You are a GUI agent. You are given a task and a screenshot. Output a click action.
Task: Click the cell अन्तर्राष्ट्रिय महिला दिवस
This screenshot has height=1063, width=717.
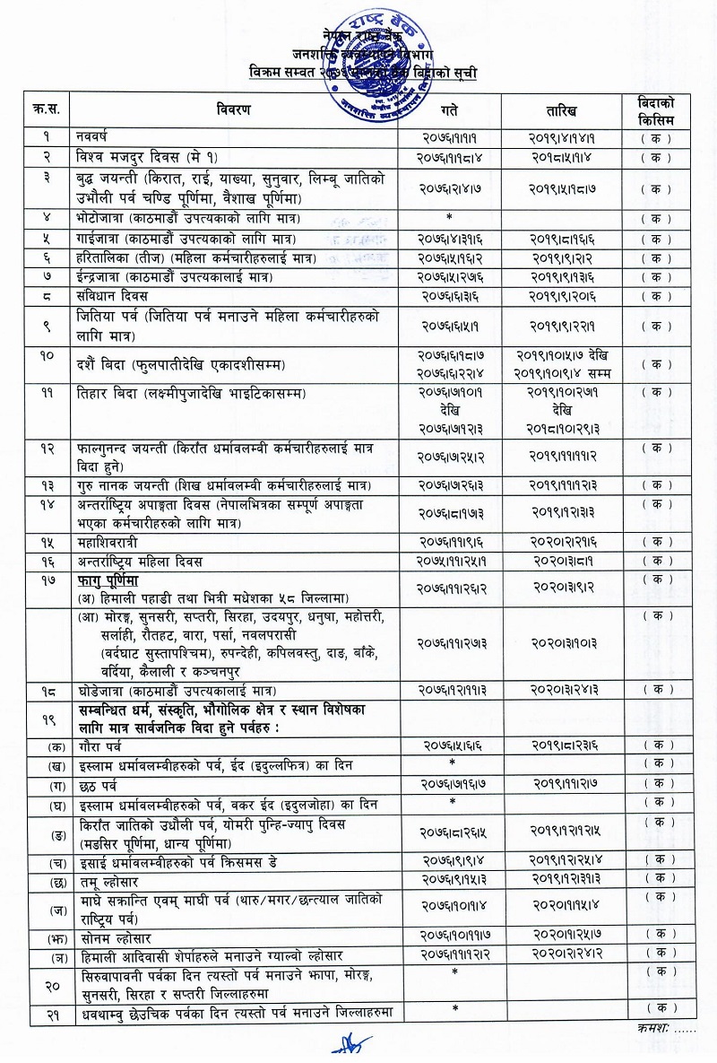pyautogui.click(x=140, y=562)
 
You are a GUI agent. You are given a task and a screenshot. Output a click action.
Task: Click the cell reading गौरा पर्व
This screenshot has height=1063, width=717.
pyautogui.click(x=99, y=745)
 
